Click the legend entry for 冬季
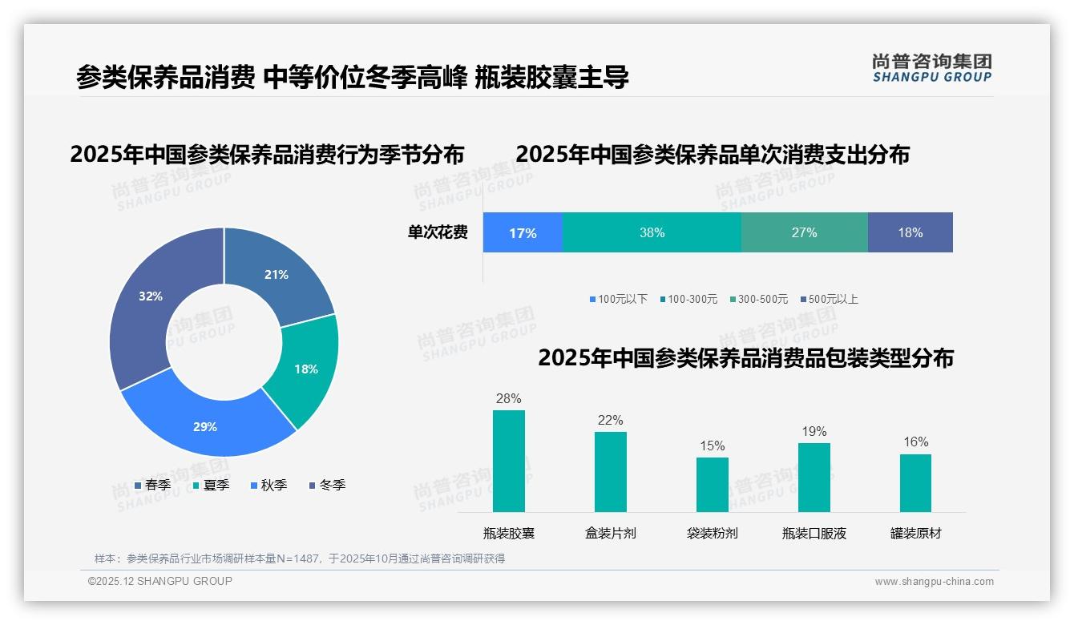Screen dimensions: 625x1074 pos(327,485)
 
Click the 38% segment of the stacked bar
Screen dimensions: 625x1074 pos(652,232)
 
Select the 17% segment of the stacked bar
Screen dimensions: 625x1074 pos(523,232)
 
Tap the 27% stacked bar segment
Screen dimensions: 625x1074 pos(804,232)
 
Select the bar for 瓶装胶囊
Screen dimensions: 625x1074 pos(508,461)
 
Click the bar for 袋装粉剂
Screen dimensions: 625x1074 pos(712,484)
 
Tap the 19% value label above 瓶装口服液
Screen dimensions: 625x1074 pos(814,432)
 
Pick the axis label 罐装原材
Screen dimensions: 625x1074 pos(915,533)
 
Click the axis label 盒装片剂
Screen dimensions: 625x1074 pos(610,533)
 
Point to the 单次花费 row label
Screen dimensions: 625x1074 pos(438,232)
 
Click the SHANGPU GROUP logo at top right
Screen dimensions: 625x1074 pos(931,68)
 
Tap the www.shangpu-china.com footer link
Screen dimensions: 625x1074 pos(934,582)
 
